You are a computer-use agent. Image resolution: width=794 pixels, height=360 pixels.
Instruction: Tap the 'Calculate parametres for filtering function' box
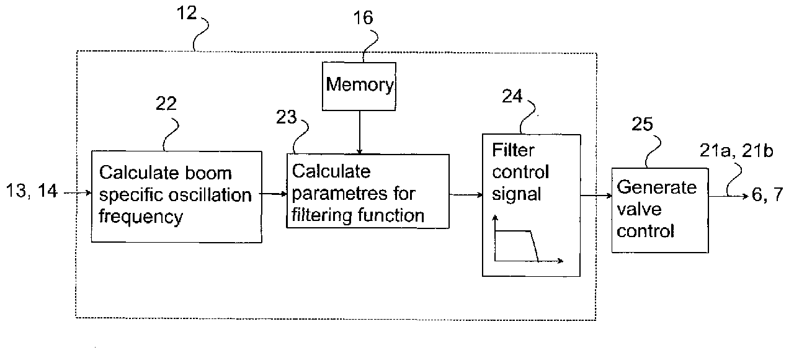(x=367, y=192)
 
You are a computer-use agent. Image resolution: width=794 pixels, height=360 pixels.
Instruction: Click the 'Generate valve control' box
(x=659, y=209)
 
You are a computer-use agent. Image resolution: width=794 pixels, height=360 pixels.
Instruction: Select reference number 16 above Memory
(x=364, y=17)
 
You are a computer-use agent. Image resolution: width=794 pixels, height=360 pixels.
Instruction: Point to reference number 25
(x=642, y=125)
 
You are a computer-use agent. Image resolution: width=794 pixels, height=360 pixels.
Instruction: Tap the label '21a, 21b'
(x=739, y=151)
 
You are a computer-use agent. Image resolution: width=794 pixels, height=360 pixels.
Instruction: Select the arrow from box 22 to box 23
(x=274, y=194)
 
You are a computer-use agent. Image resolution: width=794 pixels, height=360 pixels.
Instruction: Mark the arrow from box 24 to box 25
(x=595, y=195)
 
